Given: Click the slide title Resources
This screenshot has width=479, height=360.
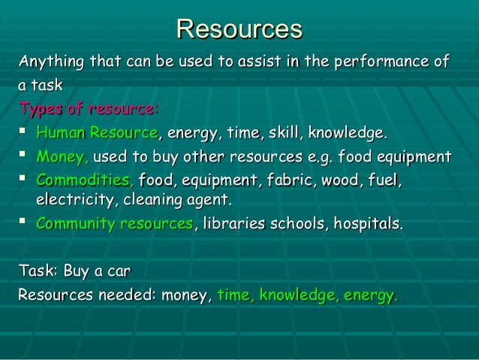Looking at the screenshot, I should tap(239, 29).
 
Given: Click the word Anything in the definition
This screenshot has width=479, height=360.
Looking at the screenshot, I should tap(51, 61).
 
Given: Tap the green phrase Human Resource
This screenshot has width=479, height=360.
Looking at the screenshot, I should tap(97, 135).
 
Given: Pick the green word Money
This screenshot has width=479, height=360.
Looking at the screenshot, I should tap(62, 158).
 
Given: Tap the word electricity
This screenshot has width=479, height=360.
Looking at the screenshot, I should tap(72, 201).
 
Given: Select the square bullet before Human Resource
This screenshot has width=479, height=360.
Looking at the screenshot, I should tap(25, 134).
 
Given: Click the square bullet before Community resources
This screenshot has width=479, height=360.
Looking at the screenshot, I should tap(25, 223).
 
